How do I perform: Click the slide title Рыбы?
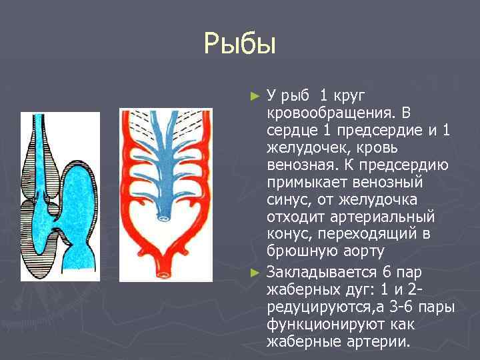coord(240,46)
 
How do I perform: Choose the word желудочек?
coord(305,147)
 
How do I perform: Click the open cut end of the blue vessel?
coord(163,217)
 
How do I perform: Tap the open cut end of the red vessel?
coord(163,273)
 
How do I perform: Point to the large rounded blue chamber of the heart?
coord(87,194)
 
